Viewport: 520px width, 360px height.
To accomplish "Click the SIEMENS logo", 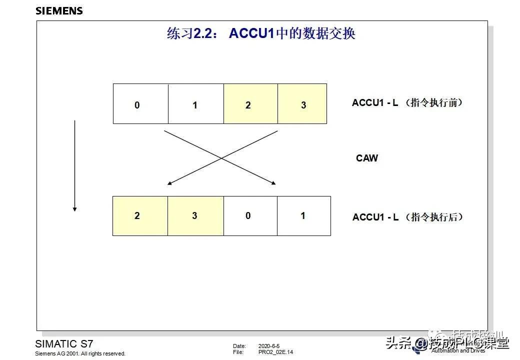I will [59, 10].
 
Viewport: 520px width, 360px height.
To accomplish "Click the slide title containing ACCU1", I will [261, 34].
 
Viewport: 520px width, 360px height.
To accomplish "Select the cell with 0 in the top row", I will [140, 104].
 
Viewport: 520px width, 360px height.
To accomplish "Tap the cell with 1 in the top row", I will [195, 104].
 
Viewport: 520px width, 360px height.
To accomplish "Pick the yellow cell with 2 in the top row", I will [250, 104].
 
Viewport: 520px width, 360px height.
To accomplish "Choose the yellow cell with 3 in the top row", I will [302, 104].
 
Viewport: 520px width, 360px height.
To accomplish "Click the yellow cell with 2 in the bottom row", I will [140, 216].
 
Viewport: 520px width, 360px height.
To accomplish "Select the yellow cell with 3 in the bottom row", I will [195, 216].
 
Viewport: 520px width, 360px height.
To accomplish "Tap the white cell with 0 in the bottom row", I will [249, 216].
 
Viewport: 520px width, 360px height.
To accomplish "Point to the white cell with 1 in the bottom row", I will [303, 216].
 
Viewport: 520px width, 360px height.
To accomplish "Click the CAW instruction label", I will [367, 158].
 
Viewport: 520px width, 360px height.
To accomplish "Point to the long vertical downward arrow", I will [74, 165].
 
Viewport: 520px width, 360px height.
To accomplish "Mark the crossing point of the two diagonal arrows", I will [221, 158].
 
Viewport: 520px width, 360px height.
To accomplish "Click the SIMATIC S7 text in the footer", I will [64, 344].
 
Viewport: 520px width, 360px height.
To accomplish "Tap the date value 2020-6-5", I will [269, 346].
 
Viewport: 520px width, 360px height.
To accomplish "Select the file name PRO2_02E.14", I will [275, 352].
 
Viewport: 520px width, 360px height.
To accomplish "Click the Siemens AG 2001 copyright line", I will [80, 353].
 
